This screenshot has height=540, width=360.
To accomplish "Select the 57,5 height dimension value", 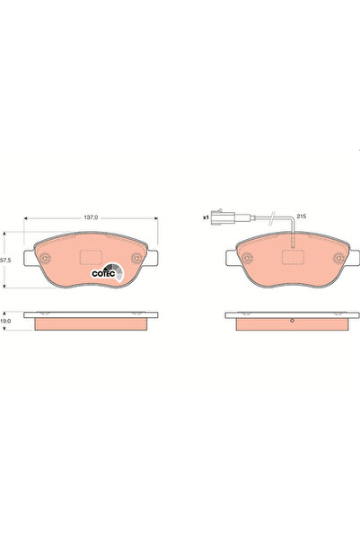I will coord(6,259).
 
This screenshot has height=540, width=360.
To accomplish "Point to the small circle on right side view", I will coord(292,322).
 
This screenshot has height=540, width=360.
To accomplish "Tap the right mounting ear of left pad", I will coord(154,260).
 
